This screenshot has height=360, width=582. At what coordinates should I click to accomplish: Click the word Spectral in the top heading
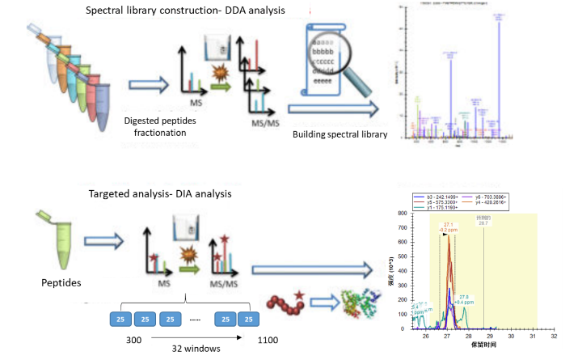(108, 12)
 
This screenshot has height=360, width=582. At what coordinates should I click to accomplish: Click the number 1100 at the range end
(268, 341)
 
